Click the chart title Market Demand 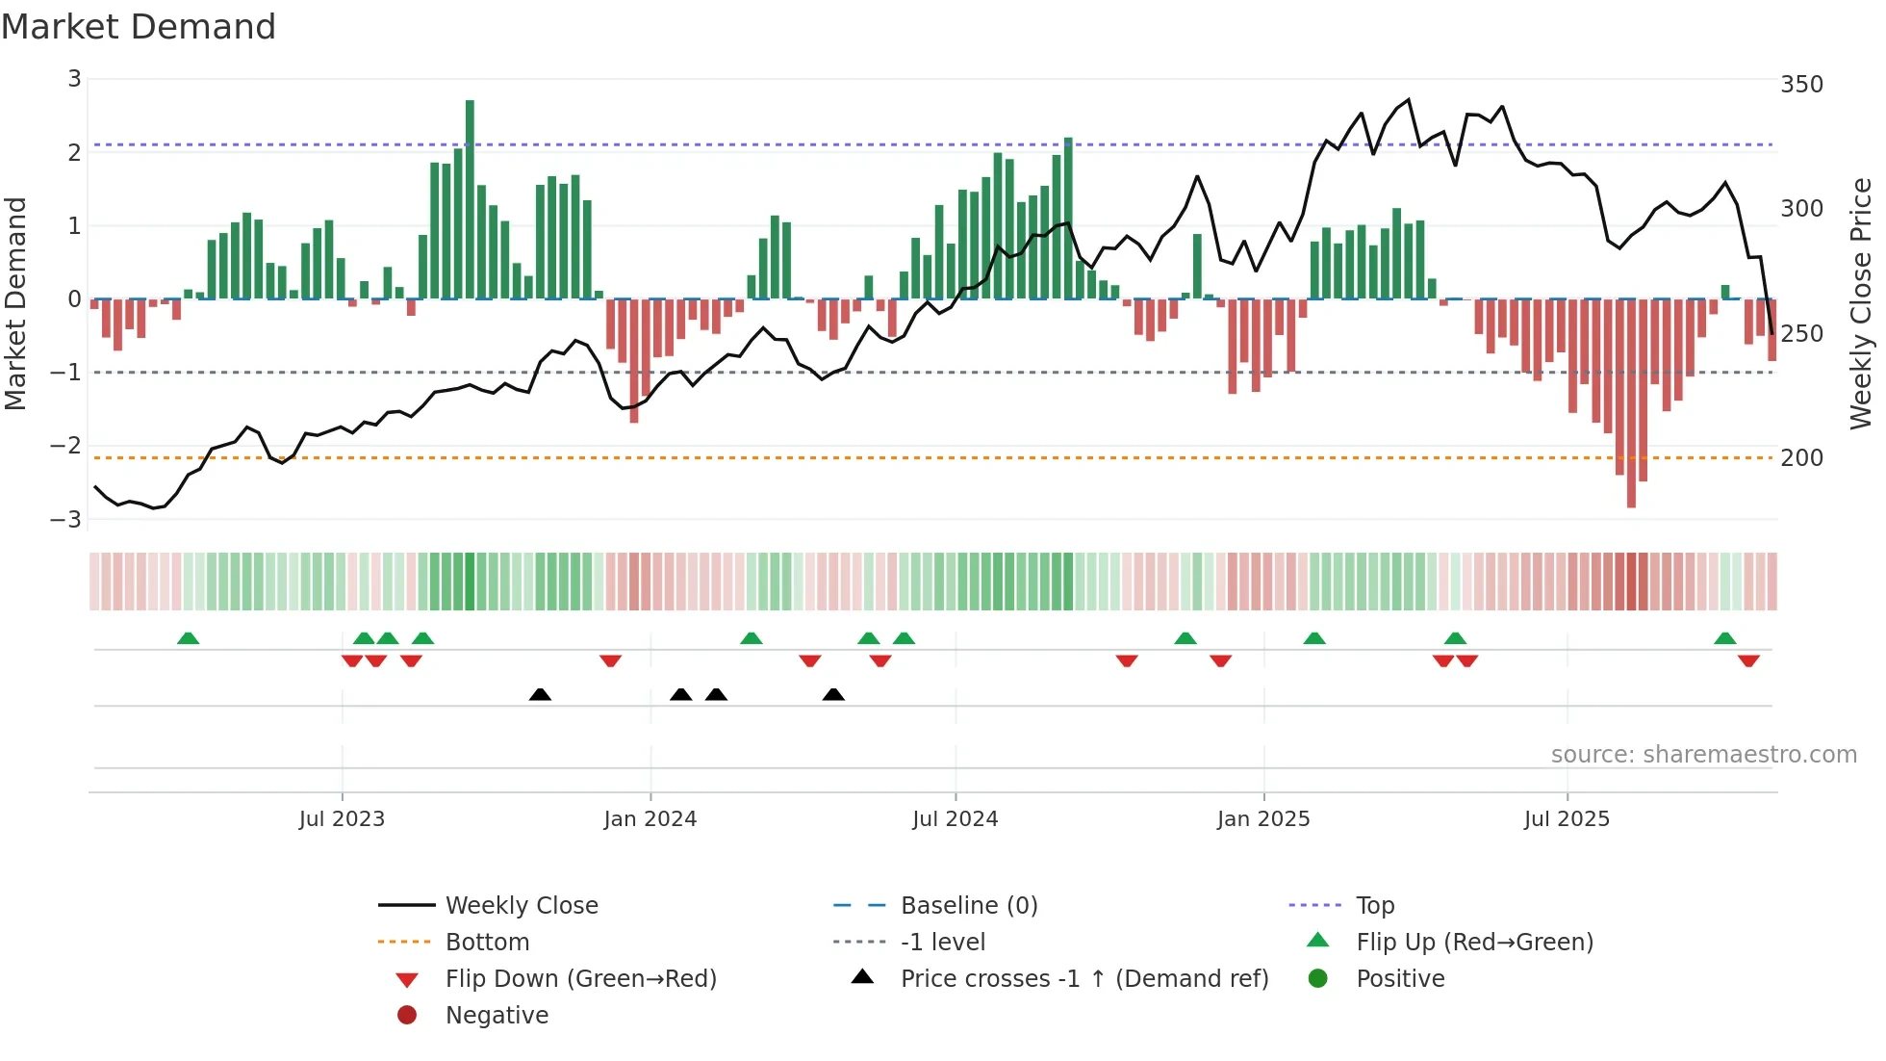[139, 27]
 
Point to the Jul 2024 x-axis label [955, 819]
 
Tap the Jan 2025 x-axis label [1262, 819]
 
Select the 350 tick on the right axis [1801, 85]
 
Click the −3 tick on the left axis [66, 519]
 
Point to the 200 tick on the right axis [1801, 458]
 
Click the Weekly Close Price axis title [1861, 303]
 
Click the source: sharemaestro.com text [1703, 755]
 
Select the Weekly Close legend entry [521, 906]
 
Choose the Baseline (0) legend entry [968, 906]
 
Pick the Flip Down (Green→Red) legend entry [580, 979]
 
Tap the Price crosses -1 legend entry [1083, 979]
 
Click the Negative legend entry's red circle [407, 1016]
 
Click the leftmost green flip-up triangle [189, 638]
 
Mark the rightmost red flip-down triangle [1748, 660]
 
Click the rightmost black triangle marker [833, 694]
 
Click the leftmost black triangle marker [540, 694]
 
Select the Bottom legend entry [487, 943]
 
